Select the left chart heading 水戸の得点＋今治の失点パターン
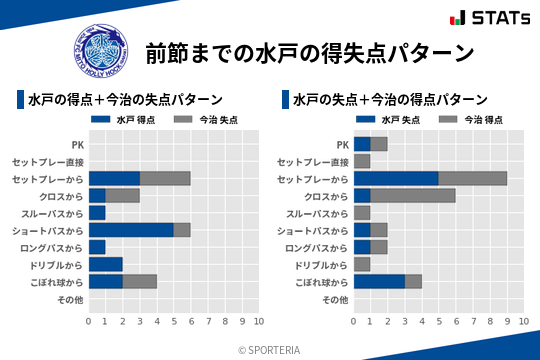pyautogui.click(x=125, y=100)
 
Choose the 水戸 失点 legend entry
pyautogui.click(x=387, y=119)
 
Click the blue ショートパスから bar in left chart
pyautogui.click(x=131, y=229)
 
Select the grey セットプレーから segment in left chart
pyautogui.click(x=165, y=178)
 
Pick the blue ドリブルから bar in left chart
pyautogui.click(x=105, y=264)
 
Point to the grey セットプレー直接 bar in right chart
pyautogui.click(x=362, y=161)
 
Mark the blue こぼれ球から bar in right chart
pyautogui.click(x=379, y=281)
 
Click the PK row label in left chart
pyautogui.click(x=77, y=144)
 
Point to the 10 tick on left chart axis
pyautogui.click(x=259, y=321)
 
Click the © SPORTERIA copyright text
pyautogui.click(x=270, y=349)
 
